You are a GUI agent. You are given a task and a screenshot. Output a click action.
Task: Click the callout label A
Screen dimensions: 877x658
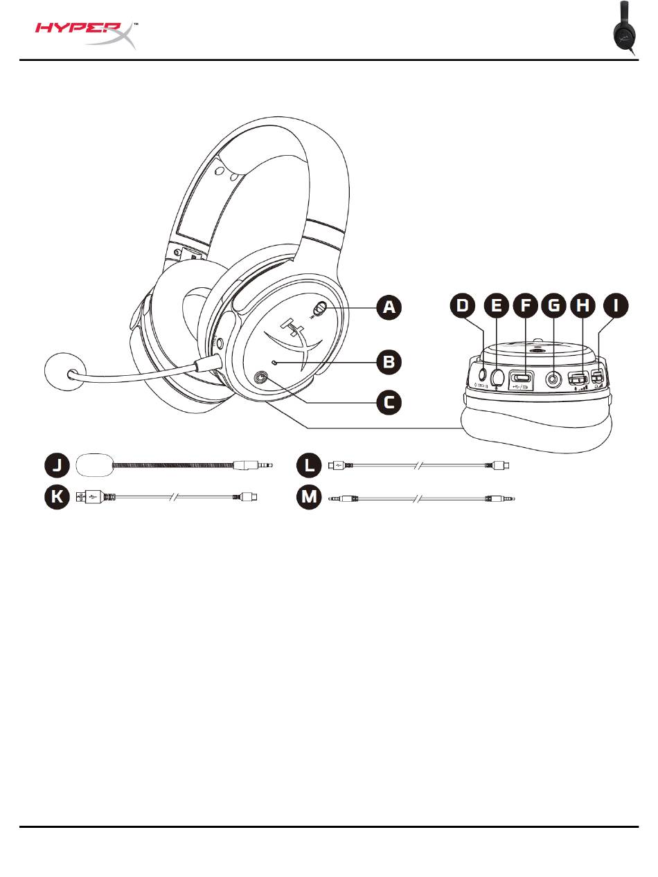click(391, 307)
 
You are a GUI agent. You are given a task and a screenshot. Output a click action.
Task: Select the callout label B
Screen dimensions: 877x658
click(391, 361)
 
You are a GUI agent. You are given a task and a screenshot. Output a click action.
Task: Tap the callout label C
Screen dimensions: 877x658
click(391, 401)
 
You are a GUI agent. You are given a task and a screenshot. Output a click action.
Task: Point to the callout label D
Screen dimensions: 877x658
click(464, 307)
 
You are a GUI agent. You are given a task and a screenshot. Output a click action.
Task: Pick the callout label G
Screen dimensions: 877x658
click(554, 307)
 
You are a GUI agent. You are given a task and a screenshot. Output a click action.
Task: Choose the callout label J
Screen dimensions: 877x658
click(57, 466)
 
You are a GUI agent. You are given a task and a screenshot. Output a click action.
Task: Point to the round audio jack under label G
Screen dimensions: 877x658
click(554, 379)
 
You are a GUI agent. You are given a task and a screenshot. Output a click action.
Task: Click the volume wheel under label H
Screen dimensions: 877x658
click(579, 379)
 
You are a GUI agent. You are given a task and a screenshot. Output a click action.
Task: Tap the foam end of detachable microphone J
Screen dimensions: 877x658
click(95, 466)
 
